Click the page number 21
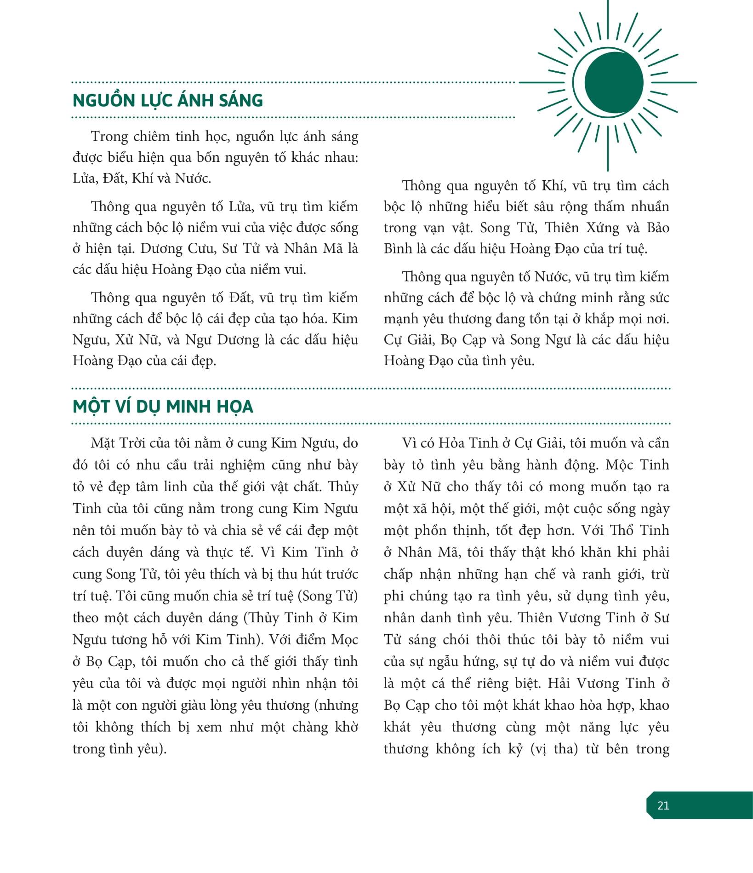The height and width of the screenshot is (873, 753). (x=663, y=805)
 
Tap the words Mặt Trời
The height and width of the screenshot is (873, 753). (x=118, y=443)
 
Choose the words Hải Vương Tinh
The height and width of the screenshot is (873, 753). (x=601, y=683)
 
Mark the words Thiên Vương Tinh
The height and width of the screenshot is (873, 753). (x=597, y=618)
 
